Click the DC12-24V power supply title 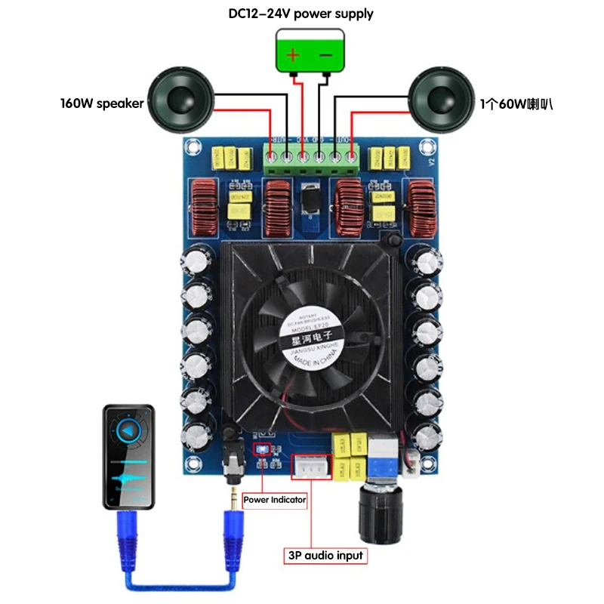click(x=300, y=14)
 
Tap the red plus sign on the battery click(x=293, y=55)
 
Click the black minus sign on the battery click(x=325, y=55)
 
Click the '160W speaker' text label click(x=101, y=103)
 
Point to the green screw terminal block click(x=310, y=159)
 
